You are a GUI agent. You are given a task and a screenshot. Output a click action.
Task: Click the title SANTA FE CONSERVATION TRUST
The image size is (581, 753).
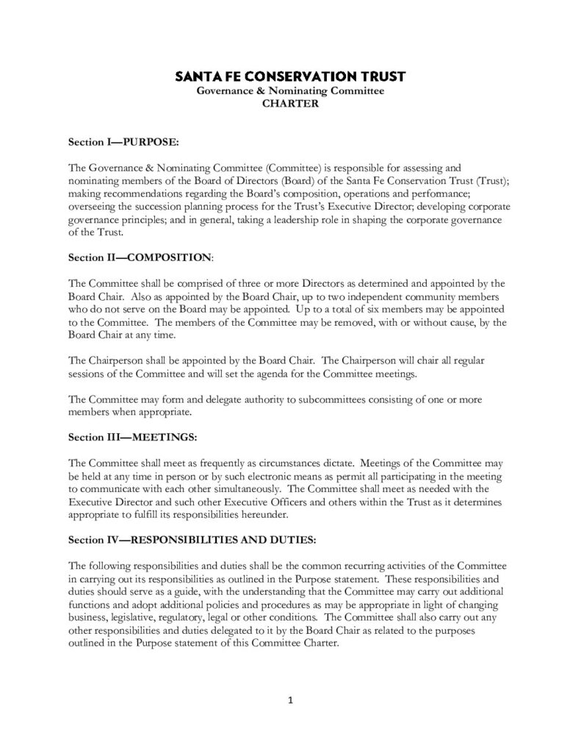tap(290, 76)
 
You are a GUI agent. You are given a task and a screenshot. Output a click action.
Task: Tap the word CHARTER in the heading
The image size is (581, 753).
tap(290, 104)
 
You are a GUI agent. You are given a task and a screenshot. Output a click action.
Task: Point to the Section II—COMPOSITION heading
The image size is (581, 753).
tap(140, 258)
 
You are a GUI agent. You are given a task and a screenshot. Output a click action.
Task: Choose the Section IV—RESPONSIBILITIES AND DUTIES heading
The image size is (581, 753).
tap(192, 540)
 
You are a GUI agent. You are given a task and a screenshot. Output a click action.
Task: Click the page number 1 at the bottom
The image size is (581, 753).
tap(290, 700)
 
